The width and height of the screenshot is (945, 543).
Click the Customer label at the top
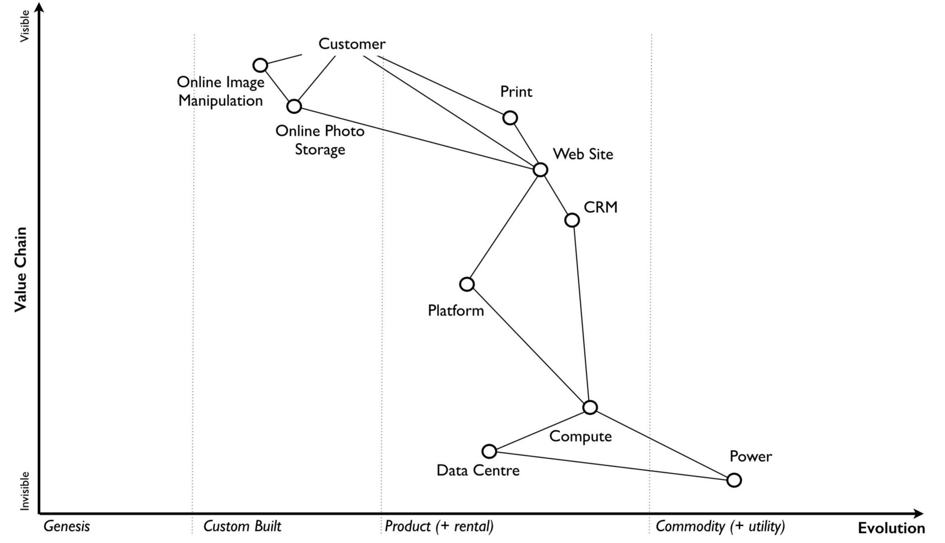tap(351, 44)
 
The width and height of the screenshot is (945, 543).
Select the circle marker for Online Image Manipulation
tap(260, 65)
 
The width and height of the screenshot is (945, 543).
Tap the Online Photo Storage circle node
tap(294, 106)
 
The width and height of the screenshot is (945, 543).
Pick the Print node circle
tap(510, 118)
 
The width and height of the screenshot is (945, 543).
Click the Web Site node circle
tap(540, 170)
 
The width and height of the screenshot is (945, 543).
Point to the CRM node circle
tap(572, 220)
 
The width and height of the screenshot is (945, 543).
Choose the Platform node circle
tap(467, 284)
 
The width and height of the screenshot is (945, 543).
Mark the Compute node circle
tap(590, 407)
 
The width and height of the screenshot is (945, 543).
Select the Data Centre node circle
tap(489, 451)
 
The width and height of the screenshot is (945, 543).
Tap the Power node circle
tap(734, 480)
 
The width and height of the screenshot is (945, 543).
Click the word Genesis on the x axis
tap(67, 526)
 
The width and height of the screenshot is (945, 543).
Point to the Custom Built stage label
tap(242, 526)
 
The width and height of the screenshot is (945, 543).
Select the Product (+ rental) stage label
tap(439, 526)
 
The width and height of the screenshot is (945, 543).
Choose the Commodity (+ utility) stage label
tap(720, 526)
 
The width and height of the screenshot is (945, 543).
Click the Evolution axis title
tap(891, 528)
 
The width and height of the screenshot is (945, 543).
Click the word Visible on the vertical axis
tap(24, 26)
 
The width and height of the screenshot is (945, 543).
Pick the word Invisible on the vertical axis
tap(24, 490)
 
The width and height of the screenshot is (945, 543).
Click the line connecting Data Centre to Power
tap(611, 466)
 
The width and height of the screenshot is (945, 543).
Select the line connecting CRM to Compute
tap(581, 313)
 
